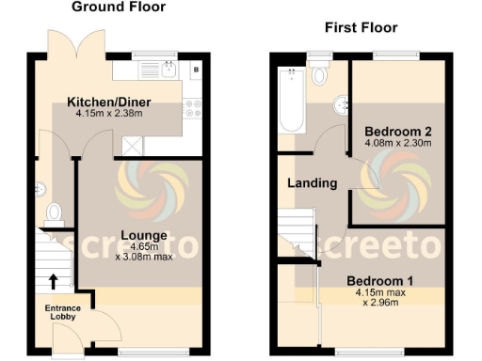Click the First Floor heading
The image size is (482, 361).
pos(361,29)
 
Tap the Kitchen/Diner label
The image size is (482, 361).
pos(109,102)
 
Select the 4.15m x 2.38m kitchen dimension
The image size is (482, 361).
pos(109,114)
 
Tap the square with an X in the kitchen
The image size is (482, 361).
pos(132,144)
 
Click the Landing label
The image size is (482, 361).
pos(312,183)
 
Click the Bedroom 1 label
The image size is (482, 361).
pos(379,281)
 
